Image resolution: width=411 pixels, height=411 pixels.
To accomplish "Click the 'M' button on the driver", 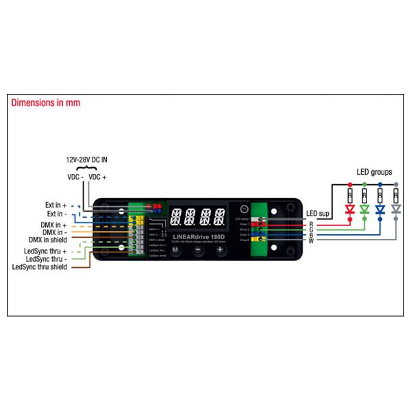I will (175, 250).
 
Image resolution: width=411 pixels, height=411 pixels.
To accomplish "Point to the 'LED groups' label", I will (375, 172).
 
